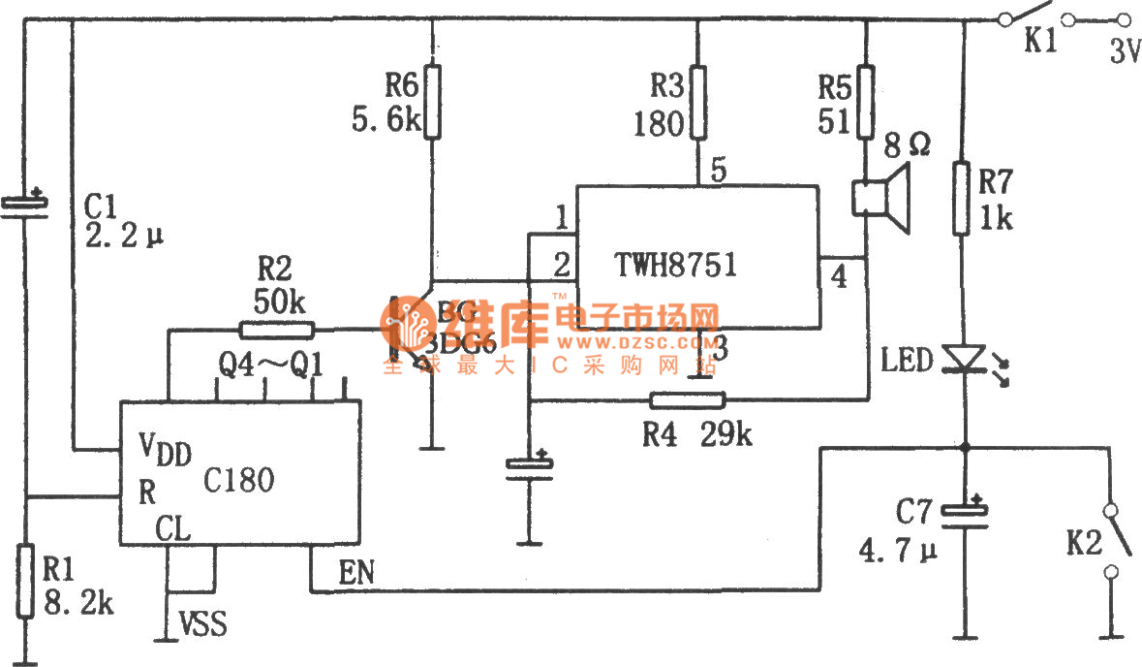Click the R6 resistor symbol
433,102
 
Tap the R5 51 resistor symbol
866,102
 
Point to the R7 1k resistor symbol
963,199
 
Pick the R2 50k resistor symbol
275,330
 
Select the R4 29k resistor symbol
687,399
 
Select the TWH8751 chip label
675,264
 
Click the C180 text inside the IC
239,479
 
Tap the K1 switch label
1041,44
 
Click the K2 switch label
1084,544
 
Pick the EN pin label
355,573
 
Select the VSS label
203,625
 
